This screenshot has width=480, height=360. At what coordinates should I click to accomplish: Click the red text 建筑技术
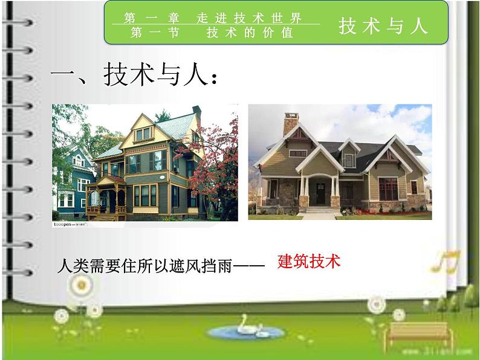309,261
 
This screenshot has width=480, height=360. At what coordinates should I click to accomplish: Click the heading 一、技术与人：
134,77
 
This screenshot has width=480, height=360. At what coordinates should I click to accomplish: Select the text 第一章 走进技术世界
213,18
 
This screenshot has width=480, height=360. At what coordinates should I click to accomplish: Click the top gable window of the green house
143,133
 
